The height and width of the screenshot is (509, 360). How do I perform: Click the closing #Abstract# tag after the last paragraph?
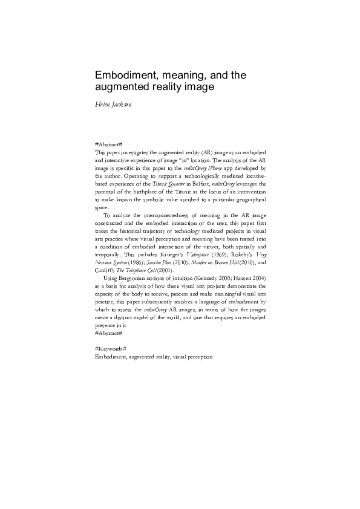click(109, 332)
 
